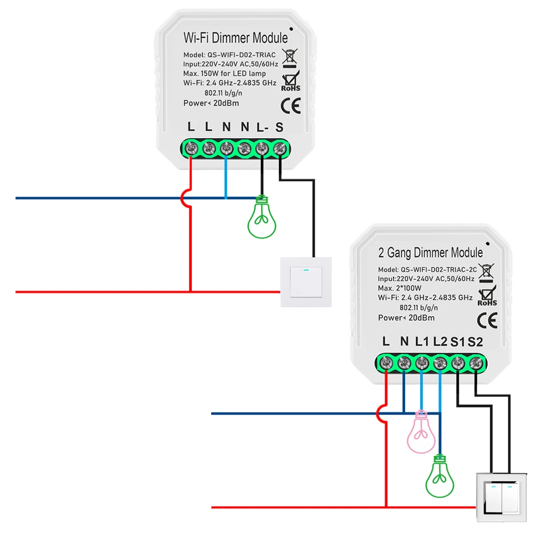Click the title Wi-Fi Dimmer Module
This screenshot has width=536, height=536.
click(x=235, y=38)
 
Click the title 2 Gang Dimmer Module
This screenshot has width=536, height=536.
click(x=430, y=252)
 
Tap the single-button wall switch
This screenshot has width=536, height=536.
click(x=306, y=282)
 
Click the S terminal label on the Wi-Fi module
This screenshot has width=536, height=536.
click(x=279, y=128)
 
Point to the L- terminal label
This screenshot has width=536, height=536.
click(x=262, y=128)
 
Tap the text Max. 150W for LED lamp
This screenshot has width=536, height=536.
click(x=224, y=73)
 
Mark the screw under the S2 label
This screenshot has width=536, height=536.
click(x=475, y=364)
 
